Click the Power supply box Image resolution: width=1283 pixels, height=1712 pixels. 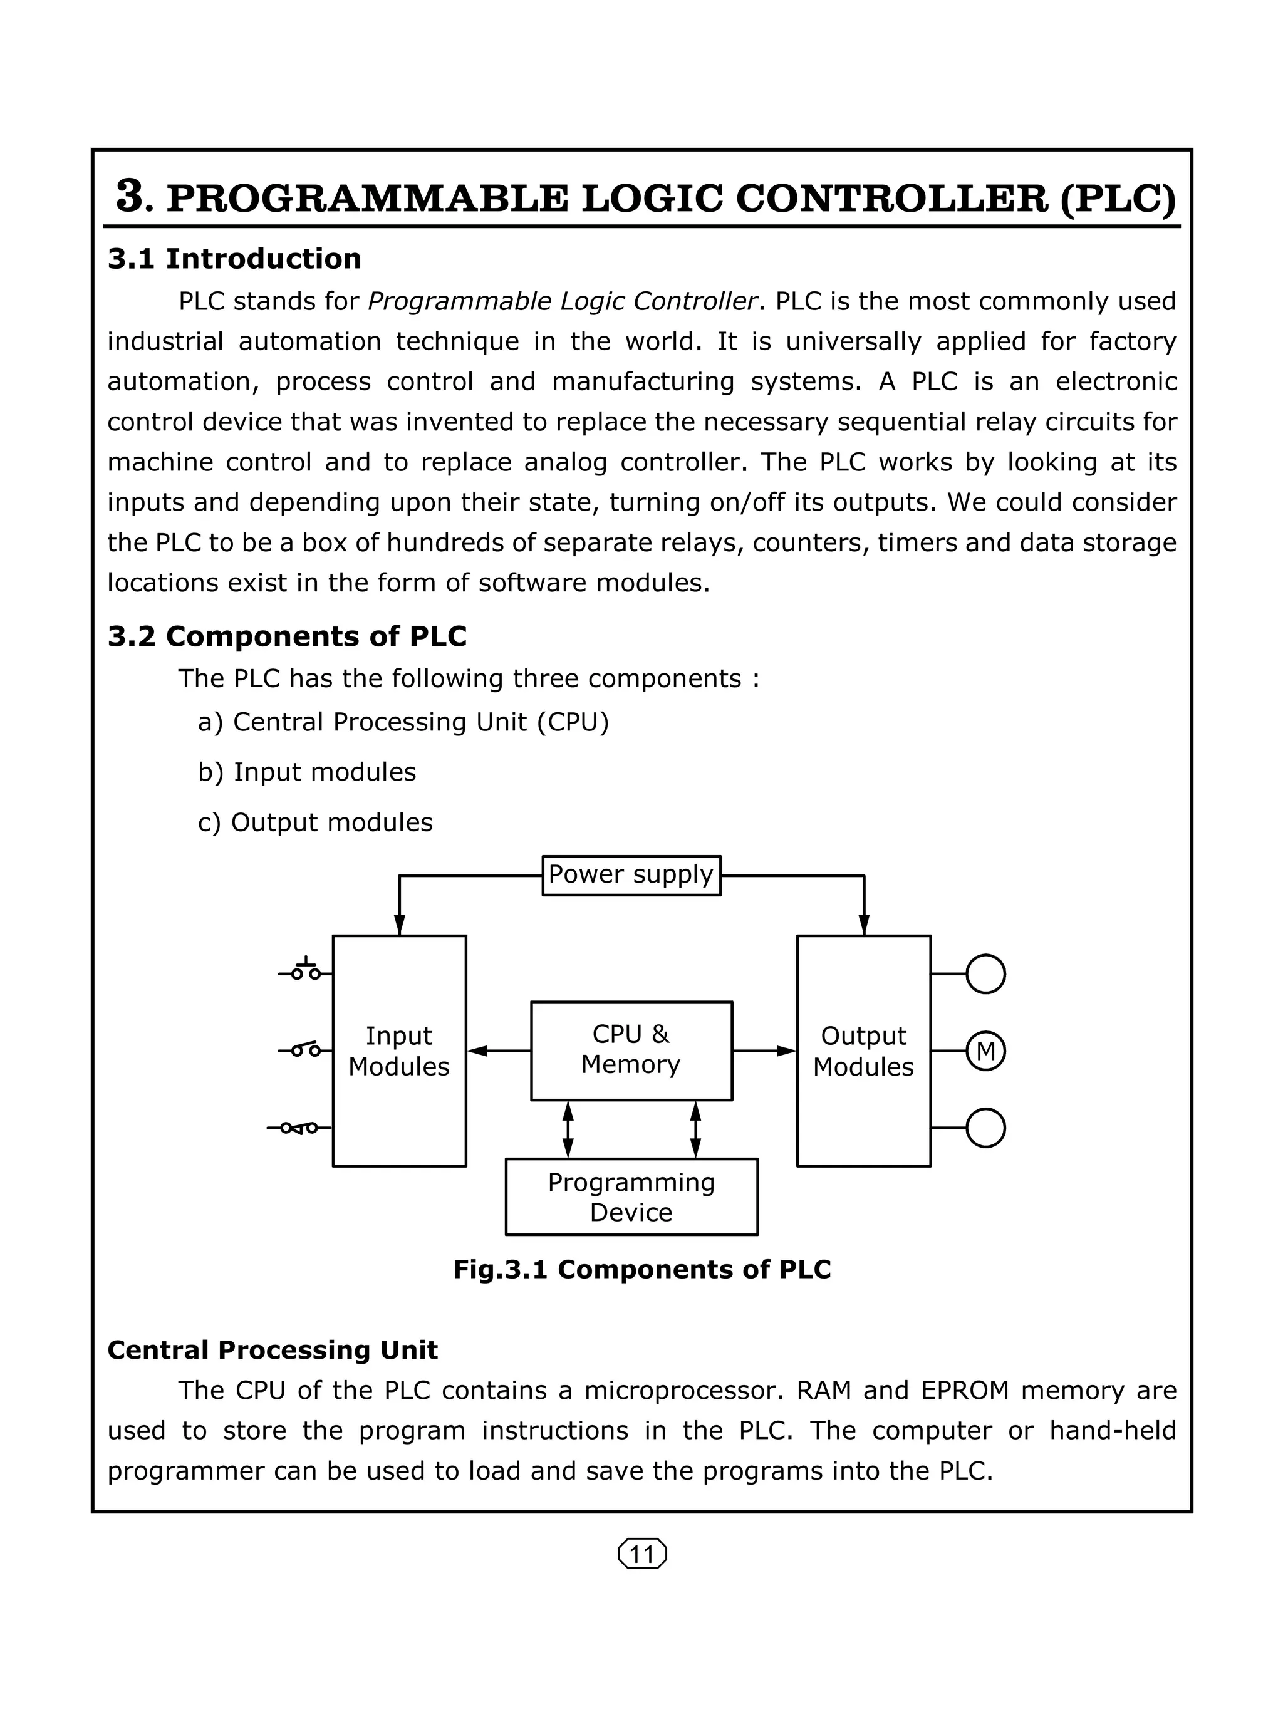tap(631, 875)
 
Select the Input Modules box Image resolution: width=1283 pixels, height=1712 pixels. tap(398, 1051)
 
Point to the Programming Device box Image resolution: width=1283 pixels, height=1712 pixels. tap(631, 1196)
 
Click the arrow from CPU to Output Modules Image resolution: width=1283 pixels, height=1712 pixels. tap(764, 1051)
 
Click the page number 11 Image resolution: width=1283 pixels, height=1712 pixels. tap(642, 1554)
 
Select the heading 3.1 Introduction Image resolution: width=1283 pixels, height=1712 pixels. tap(234, 259)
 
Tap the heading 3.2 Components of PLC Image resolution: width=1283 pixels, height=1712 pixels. tap(287, 636)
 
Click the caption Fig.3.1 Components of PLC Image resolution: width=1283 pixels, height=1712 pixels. tap(641, 1269)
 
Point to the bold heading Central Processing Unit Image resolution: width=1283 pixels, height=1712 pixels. tap(273, 1350)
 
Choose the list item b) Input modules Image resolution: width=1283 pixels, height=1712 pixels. tap(306, 772)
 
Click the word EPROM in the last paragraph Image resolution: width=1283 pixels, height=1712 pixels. tap(965, 1390)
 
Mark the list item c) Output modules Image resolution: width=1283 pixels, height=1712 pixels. tap(315, 822)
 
